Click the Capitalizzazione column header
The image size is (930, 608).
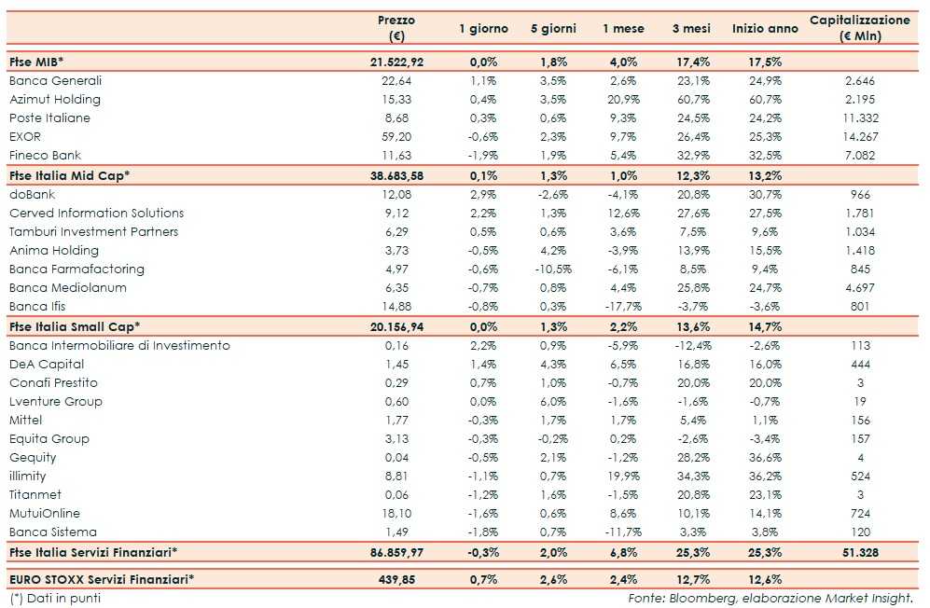[x=859, y=28]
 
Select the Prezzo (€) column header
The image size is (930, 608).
[x=396, y=28]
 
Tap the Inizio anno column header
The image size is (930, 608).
[x=765, y=29]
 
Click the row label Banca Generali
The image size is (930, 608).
[x=55, y=81]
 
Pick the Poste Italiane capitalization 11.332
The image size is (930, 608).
[x=859, y=118]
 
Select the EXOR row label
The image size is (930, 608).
[x=25, y=137]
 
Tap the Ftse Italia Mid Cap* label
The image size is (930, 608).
[x=69, y=175]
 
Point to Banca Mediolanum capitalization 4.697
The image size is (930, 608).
[x=859, y=288]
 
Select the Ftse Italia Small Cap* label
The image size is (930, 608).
[x=75, y=326]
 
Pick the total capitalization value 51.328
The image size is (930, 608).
[x=859, y=552]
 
